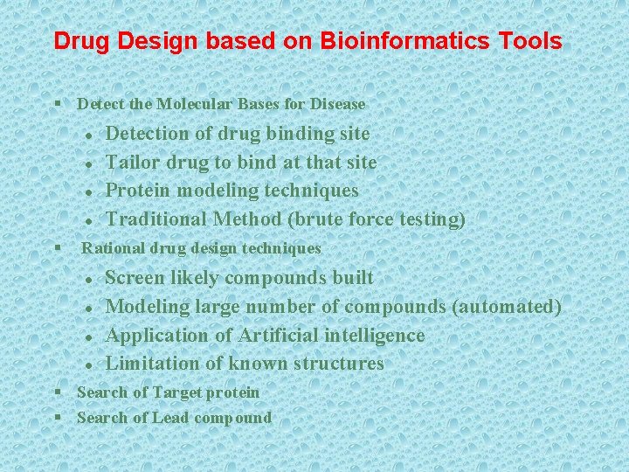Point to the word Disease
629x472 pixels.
coord(336,104)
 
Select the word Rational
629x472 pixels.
coord(114,248)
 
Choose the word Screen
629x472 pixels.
coord(134,278)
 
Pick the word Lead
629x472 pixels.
coord(171,418)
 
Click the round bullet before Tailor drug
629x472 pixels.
coord(89,164)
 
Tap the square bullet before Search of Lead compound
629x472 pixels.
coord(57,417)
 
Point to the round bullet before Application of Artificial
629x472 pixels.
coord(89,337)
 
